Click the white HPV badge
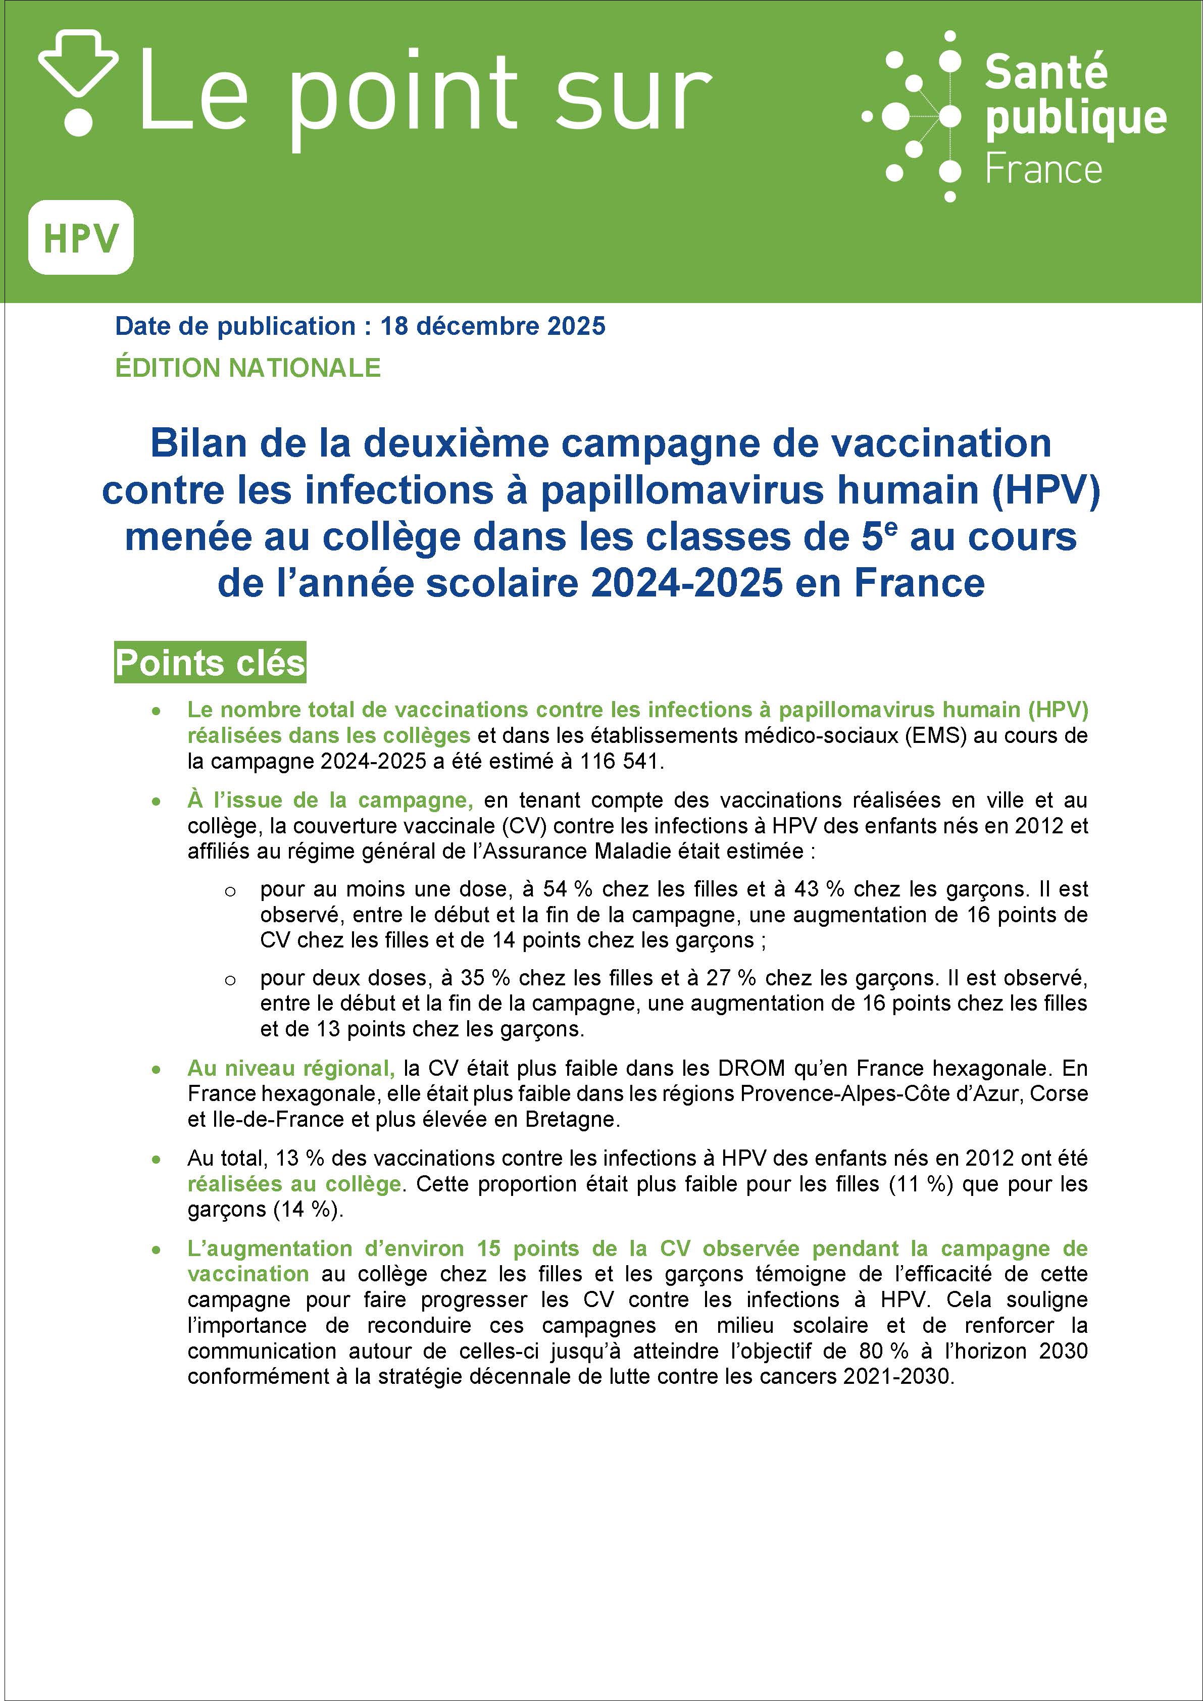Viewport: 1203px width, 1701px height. pos(81,237)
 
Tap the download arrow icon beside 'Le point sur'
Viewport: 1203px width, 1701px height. pos(78,81)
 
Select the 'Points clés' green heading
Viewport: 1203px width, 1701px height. pos(210,662)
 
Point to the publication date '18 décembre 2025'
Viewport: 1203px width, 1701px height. pos(492,326)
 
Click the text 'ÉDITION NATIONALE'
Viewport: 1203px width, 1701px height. pos(247,368)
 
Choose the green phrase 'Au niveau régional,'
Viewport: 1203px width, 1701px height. pos(291,1068)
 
